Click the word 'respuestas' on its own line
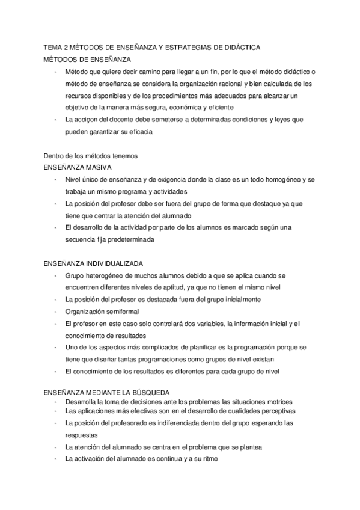(81, 434)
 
